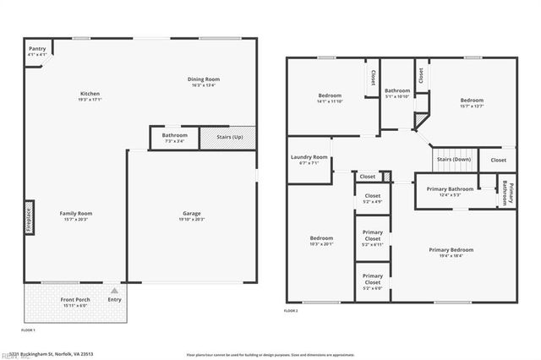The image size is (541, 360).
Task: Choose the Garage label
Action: pos(192,215)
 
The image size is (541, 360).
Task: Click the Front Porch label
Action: pos(74,301)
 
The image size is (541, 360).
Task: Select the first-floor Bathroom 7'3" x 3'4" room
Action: pos(175,137)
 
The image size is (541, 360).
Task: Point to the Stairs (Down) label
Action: pos(454,159)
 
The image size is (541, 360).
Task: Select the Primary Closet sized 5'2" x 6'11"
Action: pos(373,237)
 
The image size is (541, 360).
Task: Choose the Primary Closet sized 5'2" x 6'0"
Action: pos(373,281)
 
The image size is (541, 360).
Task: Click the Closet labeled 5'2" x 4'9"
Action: pos(373,199)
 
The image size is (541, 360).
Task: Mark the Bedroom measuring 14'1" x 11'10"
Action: pos(330,98)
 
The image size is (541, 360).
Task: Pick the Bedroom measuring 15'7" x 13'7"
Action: pos(472,103)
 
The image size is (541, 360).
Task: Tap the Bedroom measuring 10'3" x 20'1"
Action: pos(321,241)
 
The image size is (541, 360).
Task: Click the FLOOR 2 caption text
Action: pos(291,312)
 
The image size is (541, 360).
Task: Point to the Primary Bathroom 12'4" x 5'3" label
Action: pos(450,191)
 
